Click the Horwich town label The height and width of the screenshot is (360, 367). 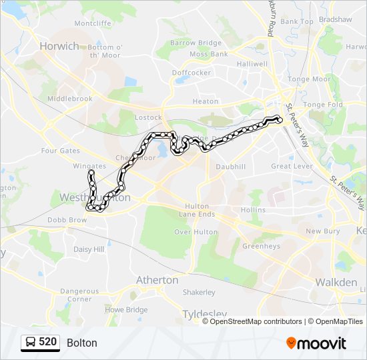[x=59, y=46]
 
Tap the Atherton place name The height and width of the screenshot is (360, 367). [x=157, y=280]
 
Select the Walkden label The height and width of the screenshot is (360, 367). [x=336, y=282]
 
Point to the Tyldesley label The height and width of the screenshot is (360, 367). [x=205, y=313]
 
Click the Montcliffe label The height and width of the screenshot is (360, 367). [x=93, y=23]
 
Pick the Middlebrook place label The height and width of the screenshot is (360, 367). [x=70, y=99]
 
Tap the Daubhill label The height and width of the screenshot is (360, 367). [x=231, y=166]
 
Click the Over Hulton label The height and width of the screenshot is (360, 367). [x=196, y=232]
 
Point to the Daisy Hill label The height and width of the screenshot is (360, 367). [x=89, y=249]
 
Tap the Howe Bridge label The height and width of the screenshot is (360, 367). [x=127, y=310]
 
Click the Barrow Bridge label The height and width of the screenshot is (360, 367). [x=196, y=43]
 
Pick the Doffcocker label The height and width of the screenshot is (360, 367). [x=192, y=72]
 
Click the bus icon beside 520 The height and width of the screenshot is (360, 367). [x=31, y=343]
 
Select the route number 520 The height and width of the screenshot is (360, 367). [x=47, y=343]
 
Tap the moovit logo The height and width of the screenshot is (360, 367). [x=316, y=343]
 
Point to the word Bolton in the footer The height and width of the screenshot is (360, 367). [x=82, y=343]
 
